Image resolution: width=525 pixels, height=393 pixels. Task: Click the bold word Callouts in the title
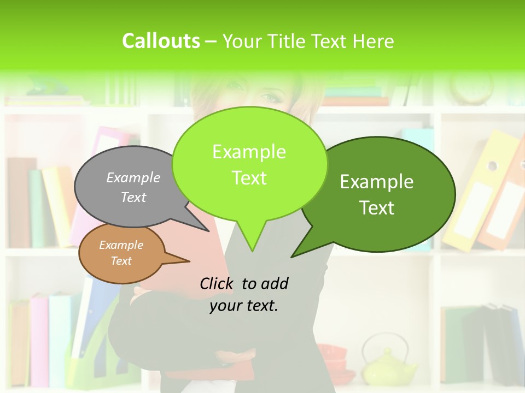pyautogui.click(x=161, y=41)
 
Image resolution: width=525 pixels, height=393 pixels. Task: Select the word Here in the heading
pyautogui.click(x=374, y=41)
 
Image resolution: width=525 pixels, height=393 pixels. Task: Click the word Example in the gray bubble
pyautogui.click(x=133, y=178)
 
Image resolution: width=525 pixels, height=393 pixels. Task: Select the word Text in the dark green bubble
pyautogui.click(x=377, y=208)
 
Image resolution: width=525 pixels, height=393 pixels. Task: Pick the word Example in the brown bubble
pyautogui.click(x=121, y=246)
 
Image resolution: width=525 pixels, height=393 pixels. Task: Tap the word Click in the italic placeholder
pyautogui.click(x=217, y=283)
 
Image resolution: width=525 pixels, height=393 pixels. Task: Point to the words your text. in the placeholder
pyautogui.click(x=244, y=306)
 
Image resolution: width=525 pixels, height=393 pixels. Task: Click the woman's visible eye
pyautogui.click(x=270, y=98)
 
